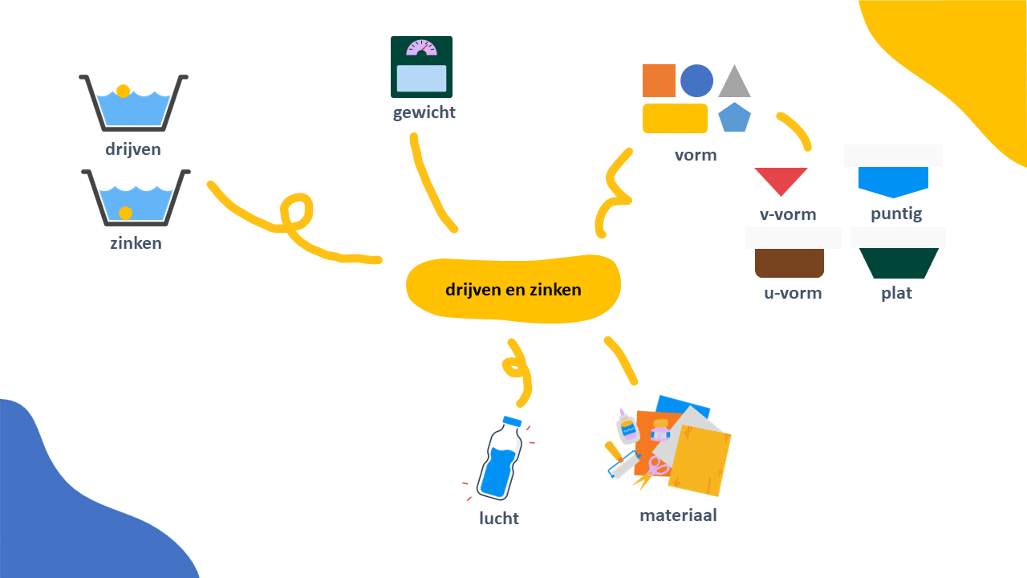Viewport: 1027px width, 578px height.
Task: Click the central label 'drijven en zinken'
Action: coord(513,290)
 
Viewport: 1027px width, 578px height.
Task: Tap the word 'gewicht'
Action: coord(424,112)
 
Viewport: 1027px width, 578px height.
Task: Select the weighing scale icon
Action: coord(421,67)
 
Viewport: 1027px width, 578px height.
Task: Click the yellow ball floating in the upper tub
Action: coord(123,92)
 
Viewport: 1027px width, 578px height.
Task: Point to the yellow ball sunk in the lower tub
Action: coord(126,213)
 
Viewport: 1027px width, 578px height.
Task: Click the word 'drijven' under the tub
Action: coord(133,149)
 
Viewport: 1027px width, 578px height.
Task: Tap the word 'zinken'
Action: coord(136,243)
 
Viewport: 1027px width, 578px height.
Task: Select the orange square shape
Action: coord(659,81)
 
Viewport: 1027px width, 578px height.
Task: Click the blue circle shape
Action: coord(696,81)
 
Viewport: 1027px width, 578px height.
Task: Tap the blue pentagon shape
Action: coord(734,118)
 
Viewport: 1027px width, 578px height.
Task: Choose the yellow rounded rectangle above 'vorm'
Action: coord(675,118)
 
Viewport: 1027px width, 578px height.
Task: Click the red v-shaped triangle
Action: coord(781,180)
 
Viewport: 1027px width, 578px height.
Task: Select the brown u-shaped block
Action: coord(790,263)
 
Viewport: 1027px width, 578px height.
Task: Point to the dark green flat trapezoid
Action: coord(899,263)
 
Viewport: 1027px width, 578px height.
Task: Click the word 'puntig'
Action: coord(896,214)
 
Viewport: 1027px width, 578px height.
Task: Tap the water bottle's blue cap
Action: coord(512,421)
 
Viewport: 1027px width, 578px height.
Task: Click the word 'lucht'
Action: coord(499,519)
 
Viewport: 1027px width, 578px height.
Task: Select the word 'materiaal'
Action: coord(678,515)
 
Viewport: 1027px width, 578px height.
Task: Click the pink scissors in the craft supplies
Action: coord(659,466)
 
